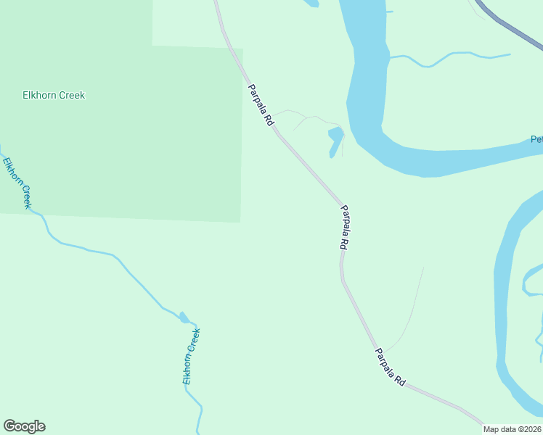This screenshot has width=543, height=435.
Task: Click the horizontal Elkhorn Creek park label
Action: (54, 95)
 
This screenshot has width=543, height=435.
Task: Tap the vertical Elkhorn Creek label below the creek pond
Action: (191, 356)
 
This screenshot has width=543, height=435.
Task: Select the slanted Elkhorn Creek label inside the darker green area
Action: (17, 183)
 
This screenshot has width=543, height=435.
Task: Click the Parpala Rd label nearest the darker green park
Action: (260, 106)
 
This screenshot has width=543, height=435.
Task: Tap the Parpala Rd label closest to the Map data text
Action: (390, 367)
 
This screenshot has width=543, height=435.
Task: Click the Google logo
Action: (25, 426)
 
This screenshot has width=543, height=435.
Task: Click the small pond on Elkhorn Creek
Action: (184, 318)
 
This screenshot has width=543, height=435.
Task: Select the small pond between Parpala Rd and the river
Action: (335, 139)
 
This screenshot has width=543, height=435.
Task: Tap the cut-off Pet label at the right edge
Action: (536, 139)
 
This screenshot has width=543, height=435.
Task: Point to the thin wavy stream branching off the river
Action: (450, 57)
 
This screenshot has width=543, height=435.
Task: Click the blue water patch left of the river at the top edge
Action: (311, 3)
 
